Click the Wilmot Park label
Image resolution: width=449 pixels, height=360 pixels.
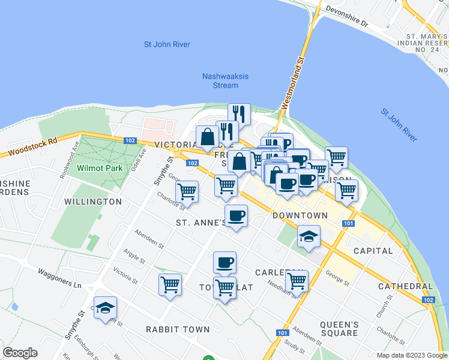pos(99,168)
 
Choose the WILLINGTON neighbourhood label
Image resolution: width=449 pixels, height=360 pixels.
pos(93,202)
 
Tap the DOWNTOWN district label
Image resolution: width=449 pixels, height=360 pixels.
pos(300,215)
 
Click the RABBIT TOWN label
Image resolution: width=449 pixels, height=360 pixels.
pos(178,329)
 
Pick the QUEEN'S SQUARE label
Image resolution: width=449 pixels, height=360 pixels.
pos(339,329)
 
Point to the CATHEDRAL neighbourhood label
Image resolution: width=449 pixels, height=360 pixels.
pos(405,287)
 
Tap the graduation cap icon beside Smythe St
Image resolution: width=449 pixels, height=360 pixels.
pos(106,307)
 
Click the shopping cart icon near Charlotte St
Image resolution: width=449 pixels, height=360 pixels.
pos(187,192)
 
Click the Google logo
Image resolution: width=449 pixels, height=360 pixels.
pos(20,353)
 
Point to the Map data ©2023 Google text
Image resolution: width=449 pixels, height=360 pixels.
pos(411,355)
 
